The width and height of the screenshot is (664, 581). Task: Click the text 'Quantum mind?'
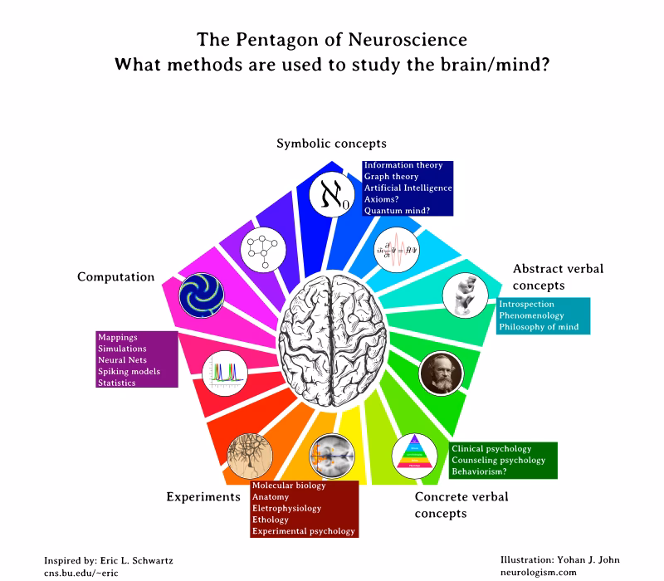point(397,211)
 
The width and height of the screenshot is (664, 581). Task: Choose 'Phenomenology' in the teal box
point(531,315)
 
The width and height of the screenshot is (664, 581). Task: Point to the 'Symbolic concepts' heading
point(331,144)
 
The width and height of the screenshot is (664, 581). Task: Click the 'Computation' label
point(116,276)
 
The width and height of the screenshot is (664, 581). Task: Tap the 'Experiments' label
point(203,496)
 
